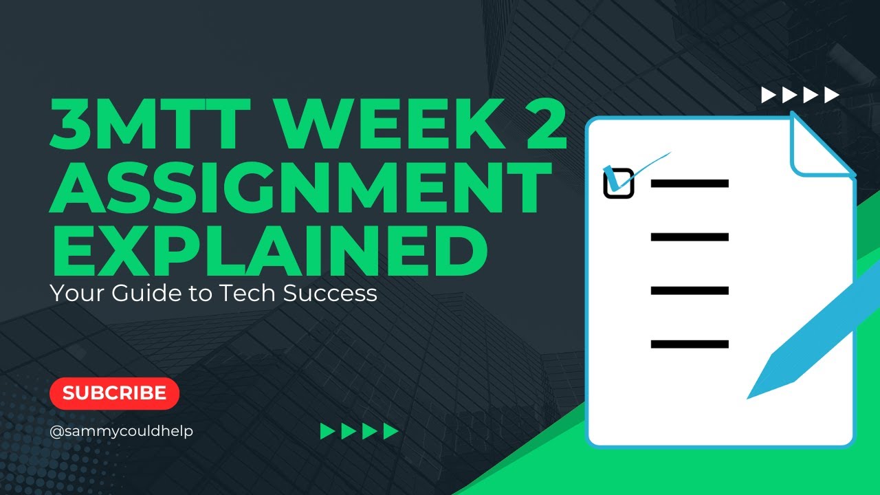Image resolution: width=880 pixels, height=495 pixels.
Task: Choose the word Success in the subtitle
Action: tap(333, 294)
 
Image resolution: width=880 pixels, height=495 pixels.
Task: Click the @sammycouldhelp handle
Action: tap(121, 432)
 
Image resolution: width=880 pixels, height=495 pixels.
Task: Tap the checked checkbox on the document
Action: tap(618, 183)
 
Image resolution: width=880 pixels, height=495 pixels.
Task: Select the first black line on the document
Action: tap(689, 184)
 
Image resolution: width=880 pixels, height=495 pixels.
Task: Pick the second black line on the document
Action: tap(689, 237)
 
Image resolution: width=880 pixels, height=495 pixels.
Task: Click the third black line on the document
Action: tap(689, 291)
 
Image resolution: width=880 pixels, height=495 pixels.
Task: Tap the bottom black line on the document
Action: tap(689, 344)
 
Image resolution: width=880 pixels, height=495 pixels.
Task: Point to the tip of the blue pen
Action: tap(751, 395)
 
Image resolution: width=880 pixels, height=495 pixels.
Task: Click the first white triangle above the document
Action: tap(769, 95)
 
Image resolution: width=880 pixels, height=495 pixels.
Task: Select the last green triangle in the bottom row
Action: tap(390, 432)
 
